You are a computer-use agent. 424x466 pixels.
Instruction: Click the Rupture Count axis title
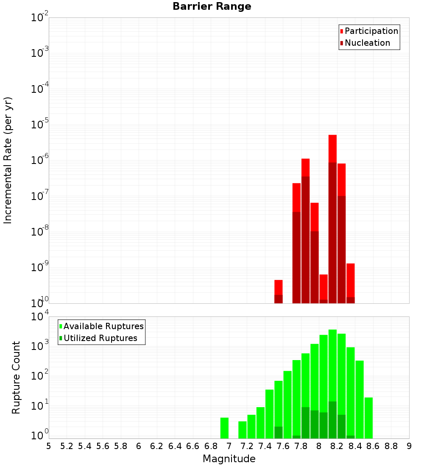(x=16, y=377)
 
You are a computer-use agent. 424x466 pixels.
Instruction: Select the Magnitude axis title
(x=229, y=459)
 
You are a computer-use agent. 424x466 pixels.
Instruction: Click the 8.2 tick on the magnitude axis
(x=337, y=446)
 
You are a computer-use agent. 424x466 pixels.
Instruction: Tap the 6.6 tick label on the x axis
(x=193, y=446)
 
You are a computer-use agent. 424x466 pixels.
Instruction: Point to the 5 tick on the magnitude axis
(x=49, y=446)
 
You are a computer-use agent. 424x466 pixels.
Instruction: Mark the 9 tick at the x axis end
(x=409, y=446)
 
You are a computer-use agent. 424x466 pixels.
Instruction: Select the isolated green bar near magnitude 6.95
(x=224, y=428)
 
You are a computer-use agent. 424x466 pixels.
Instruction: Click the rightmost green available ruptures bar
(x=368, y=418)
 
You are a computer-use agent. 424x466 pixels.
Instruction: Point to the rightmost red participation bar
(x=350, y=280)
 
